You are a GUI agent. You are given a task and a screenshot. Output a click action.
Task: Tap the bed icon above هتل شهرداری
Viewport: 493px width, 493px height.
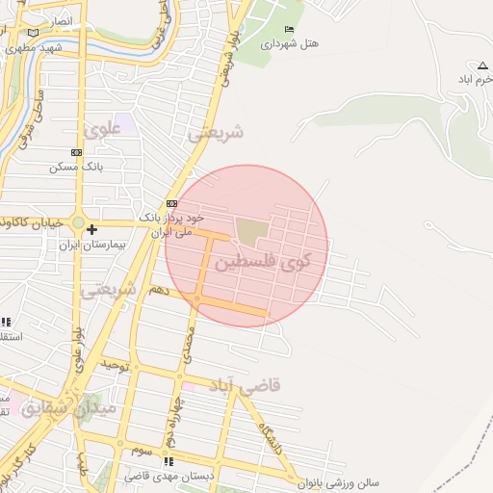click(x=290, y=30)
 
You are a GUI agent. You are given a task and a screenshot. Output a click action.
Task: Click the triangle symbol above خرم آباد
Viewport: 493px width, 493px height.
click(x=482, y=65)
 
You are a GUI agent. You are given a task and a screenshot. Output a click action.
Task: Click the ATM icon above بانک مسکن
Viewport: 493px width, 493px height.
click(x=76, y=152)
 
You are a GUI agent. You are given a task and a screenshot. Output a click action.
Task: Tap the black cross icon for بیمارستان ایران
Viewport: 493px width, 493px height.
click(x=91, y=229)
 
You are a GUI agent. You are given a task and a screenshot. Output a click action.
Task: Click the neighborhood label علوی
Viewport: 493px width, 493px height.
click(x=103, y=127)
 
